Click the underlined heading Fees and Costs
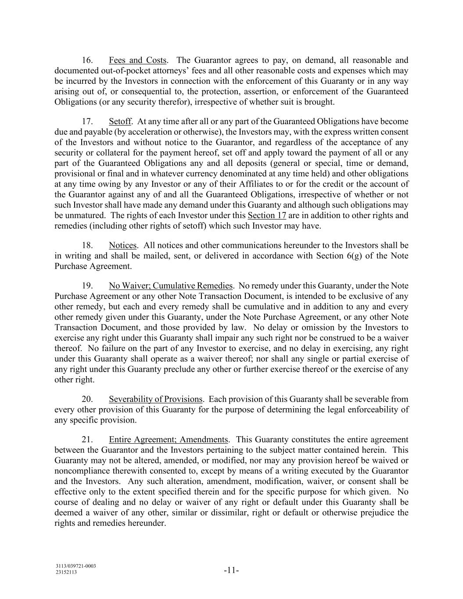click(x=137, y=60)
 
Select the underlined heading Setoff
click(x=120, y=122)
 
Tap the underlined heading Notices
click(x=123, y=245)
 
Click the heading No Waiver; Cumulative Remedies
click(x=171, y=286)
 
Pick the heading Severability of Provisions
click(x=155, y=399)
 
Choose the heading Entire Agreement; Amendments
click(x=169, y=440)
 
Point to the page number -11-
click(x=231, y=570)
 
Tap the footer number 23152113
click(x=66, y=572)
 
